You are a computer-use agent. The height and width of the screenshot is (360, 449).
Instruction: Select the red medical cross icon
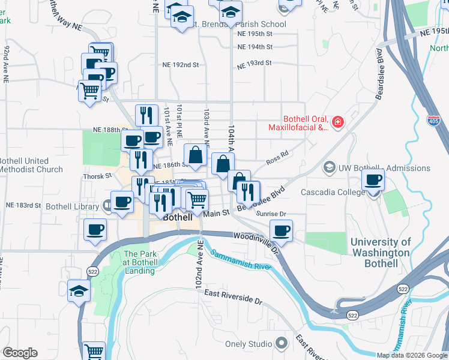click(x=337, y=122)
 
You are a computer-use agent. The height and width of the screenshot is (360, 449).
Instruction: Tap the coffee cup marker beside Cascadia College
click(x=373, y=179)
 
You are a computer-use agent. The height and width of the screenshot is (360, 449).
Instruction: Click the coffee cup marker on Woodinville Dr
click(x=281, y=230)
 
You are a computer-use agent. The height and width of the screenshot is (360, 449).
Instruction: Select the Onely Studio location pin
click(x=281, y=344)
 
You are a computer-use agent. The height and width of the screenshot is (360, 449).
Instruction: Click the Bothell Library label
click(x=72, y=206)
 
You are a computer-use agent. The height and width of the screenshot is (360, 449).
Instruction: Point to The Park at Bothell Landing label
click(x=139, y=262)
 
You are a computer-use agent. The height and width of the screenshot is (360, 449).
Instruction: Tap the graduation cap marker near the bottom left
click(x=78, y=292)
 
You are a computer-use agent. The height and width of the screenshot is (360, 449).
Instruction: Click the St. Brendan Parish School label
click(x=239, y=25)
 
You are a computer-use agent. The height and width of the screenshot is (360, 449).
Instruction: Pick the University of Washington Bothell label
click(x=381, y=253)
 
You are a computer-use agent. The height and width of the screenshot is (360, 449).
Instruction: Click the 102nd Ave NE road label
click(x=199, y=264)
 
